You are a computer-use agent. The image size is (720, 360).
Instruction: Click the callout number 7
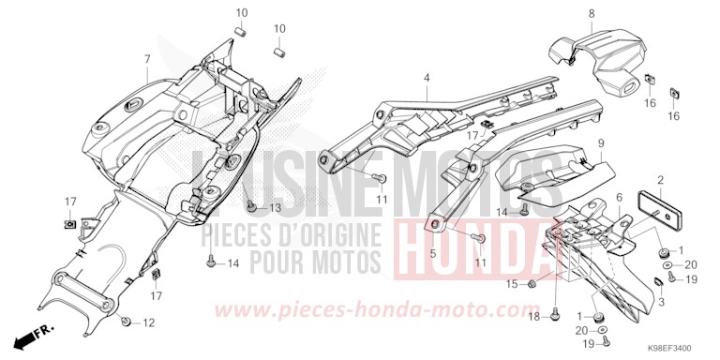(147, 59)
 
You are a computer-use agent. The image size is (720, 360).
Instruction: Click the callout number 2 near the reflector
(660, 179)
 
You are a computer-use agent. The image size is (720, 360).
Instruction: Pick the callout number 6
(619, 197)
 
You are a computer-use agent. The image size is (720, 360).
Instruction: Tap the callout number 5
(432, 254)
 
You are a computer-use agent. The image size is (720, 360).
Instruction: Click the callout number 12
(148, 323)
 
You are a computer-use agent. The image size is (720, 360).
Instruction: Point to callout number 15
(512, 283)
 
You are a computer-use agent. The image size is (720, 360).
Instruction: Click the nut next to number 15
(532, 283)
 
